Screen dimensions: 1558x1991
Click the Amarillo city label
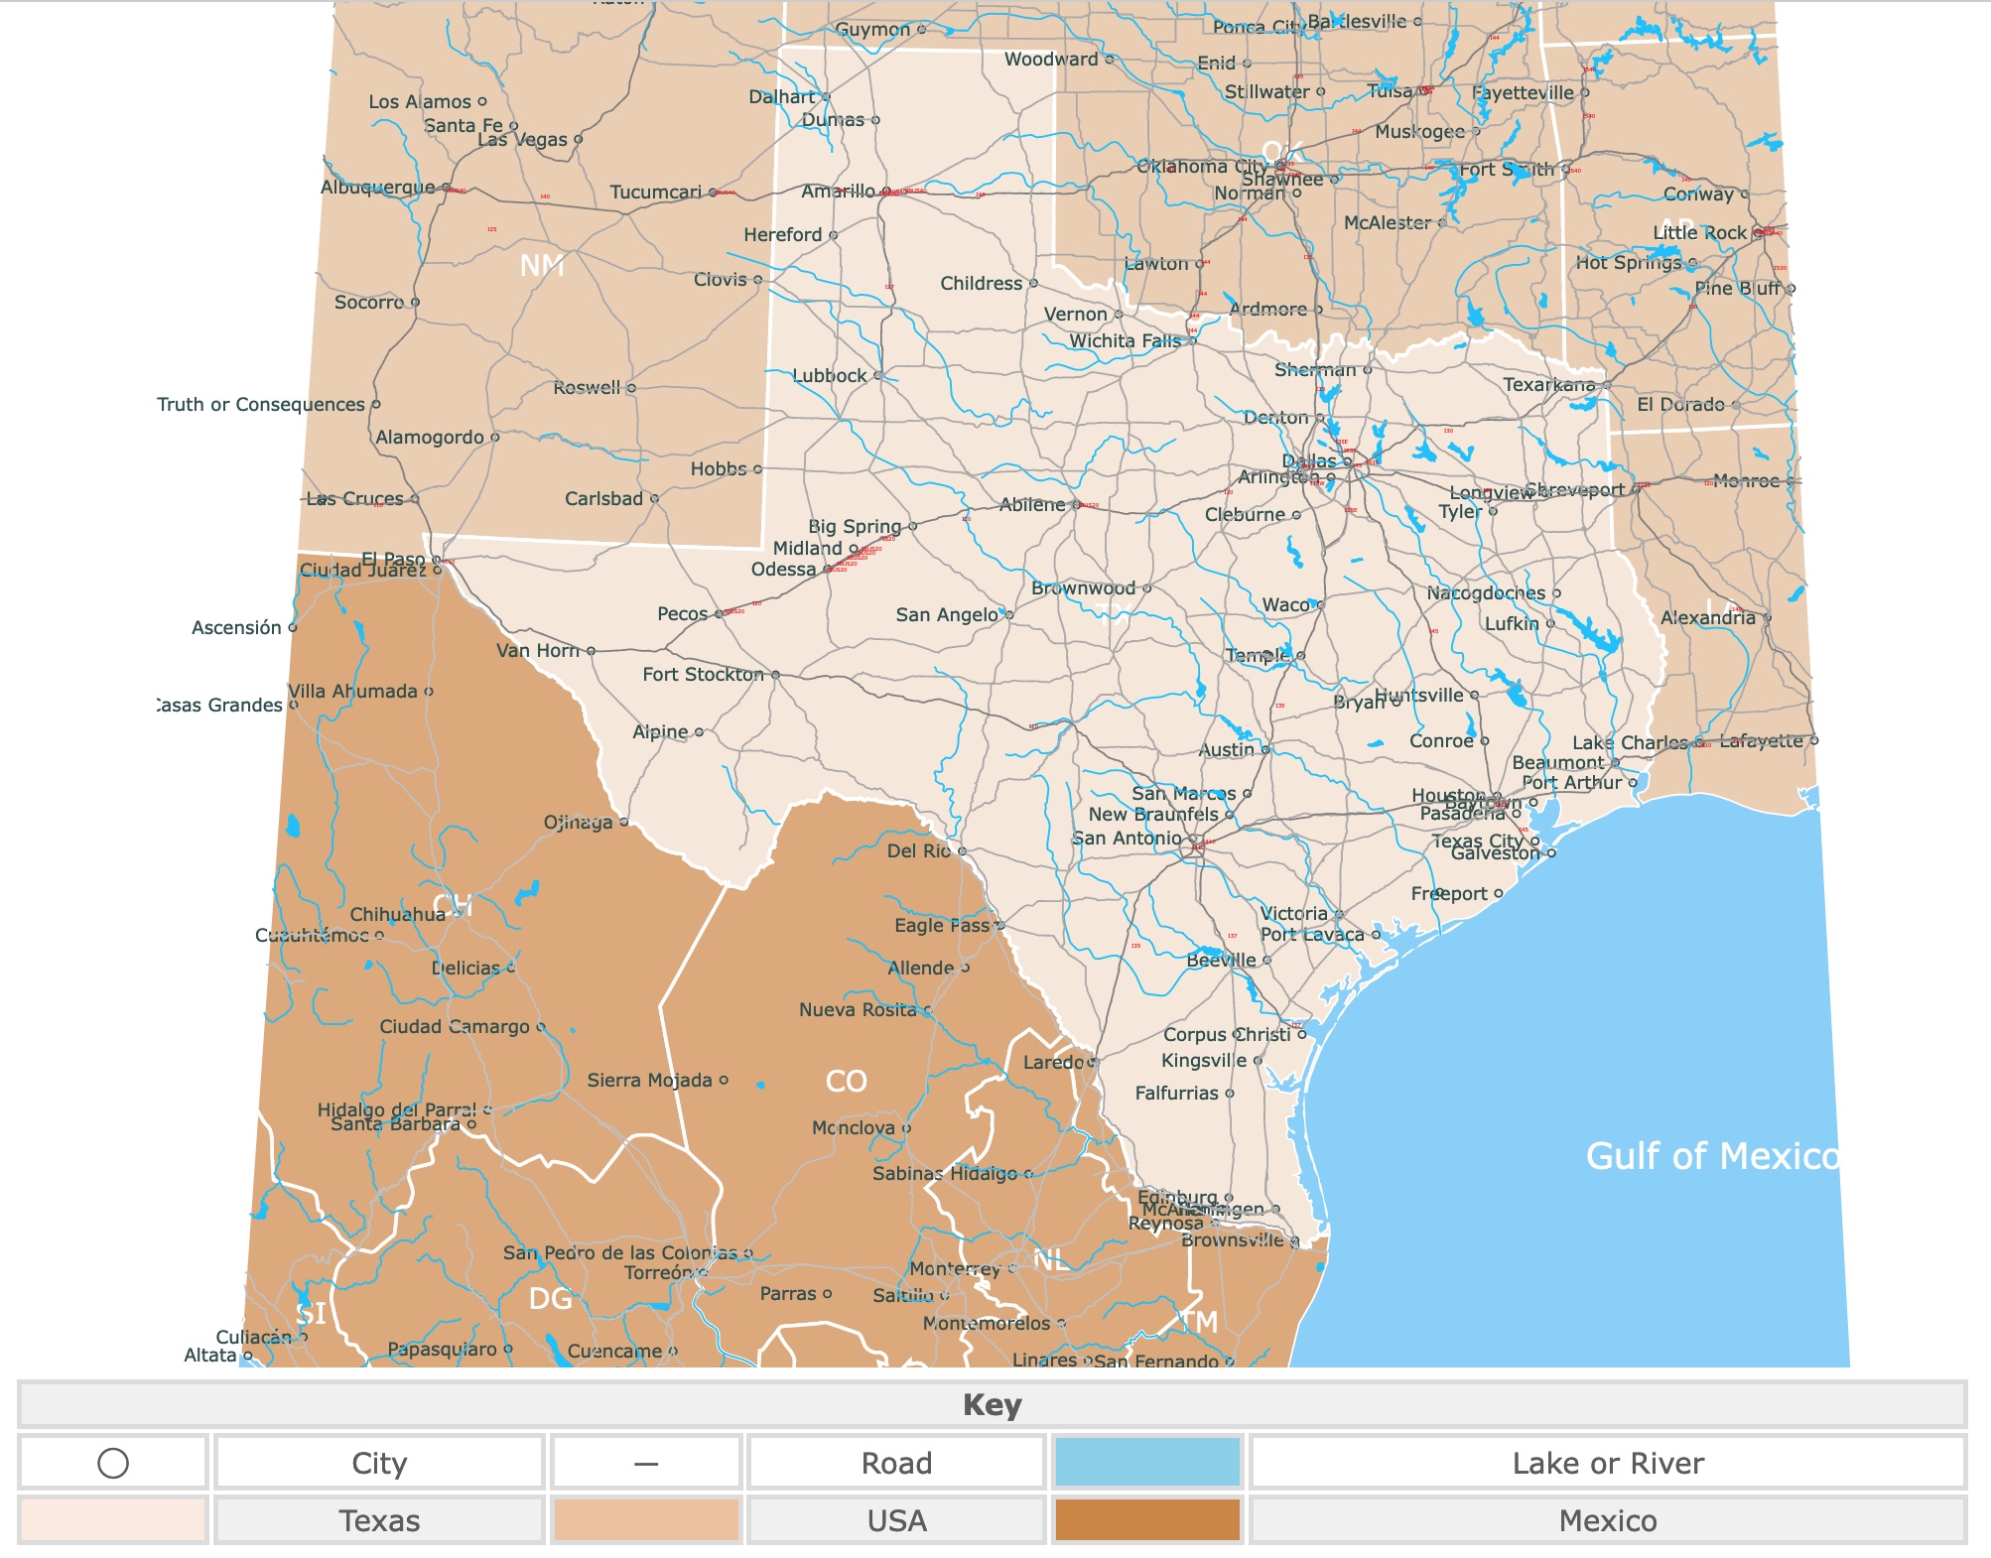tap(838, 191)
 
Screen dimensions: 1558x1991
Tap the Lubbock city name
tap(830, 376)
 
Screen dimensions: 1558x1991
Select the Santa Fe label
tap(464, 126)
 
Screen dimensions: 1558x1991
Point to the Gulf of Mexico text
tap(1711, 1156)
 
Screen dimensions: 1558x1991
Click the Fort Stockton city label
tap(703, 675)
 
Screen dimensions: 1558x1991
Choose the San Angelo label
tap(947, 615)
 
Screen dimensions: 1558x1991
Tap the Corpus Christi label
tap(1227, 1034)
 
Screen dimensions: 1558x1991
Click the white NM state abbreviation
tap(542, 266)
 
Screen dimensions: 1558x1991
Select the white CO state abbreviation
tap(847, 1081)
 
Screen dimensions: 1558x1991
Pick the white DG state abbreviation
tap(550, 1298)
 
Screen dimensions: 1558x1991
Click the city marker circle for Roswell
tap(631, 388)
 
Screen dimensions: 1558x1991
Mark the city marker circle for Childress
tap(1033, 284)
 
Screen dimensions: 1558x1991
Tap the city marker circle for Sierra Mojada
tap(724, 1080)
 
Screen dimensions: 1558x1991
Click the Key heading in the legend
tap(992, 1405)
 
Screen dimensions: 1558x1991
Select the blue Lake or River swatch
tap(1147, 1463)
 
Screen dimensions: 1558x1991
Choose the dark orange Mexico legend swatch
tap(1147, 1520)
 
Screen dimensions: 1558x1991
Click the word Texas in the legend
tap(379, 1520)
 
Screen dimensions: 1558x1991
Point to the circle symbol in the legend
tap(113, 1463)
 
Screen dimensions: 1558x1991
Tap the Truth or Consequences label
tap(261, 405)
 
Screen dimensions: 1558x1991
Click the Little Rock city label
tap(1699, 233)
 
